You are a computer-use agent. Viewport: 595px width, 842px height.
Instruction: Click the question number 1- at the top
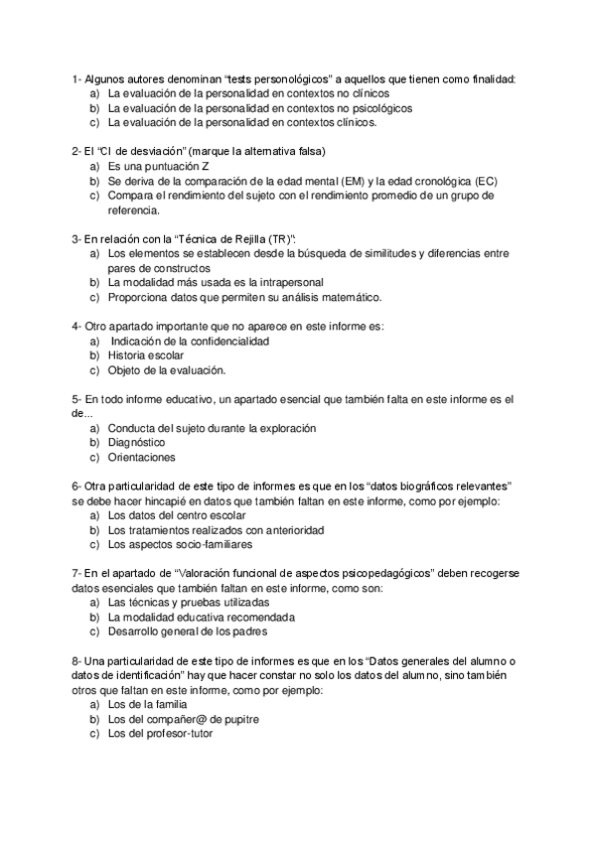tap(76, 79)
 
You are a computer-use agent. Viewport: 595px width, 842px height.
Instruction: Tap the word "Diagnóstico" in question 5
tap(136, 443)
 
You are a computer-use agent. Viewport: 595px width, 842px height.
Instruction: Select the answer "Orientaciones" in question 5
tap(141, 458)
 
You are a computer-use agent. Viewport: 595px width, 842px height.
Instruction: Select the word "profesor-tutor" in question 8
tap(179, 734)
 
